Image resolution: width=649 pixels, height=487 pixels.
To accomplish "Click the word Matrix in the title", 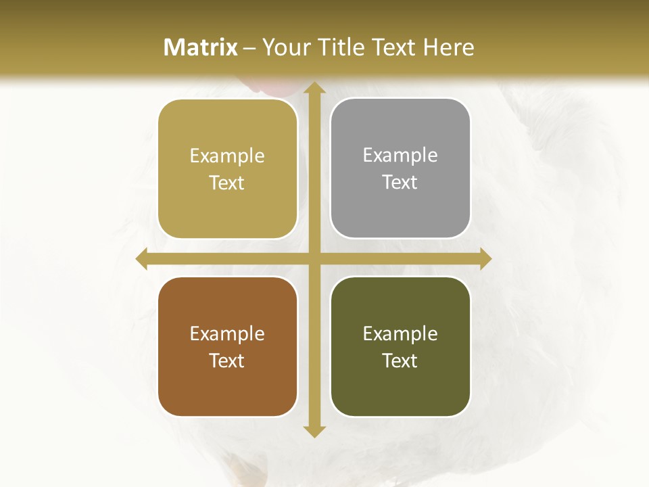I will [201, 47].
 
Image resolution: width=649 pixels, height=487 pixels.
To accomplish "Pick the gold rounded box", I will [227, 169].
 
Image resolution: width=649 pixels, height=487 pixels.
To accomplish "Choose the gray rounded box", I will [400, 168].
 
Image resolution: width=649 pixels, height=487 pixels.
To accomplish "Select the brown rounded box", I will [227, 346].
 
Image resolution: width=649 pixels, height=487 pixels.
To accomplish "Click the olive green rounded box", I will [400, 346].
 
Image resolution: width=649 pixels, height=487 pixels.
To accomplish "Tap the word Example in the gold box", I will [227, 156].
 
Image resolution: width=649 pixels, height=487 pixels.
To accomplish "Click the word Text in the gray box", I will [400, 182].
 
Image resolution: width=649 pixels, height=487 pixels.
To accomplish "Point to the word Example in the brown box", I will [227, 333].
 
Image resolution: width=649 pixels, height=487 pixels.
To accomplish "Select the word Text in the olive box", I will [400, 361].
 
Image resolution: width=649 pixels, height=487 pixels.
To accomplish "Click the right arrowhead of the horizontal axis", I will [485, 259].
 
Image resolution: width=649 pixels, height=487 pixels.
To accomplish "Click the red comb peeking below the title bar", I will [271, 86].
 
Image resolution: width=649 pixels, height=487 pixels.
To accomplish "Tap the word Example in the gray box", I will [400, 156].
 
